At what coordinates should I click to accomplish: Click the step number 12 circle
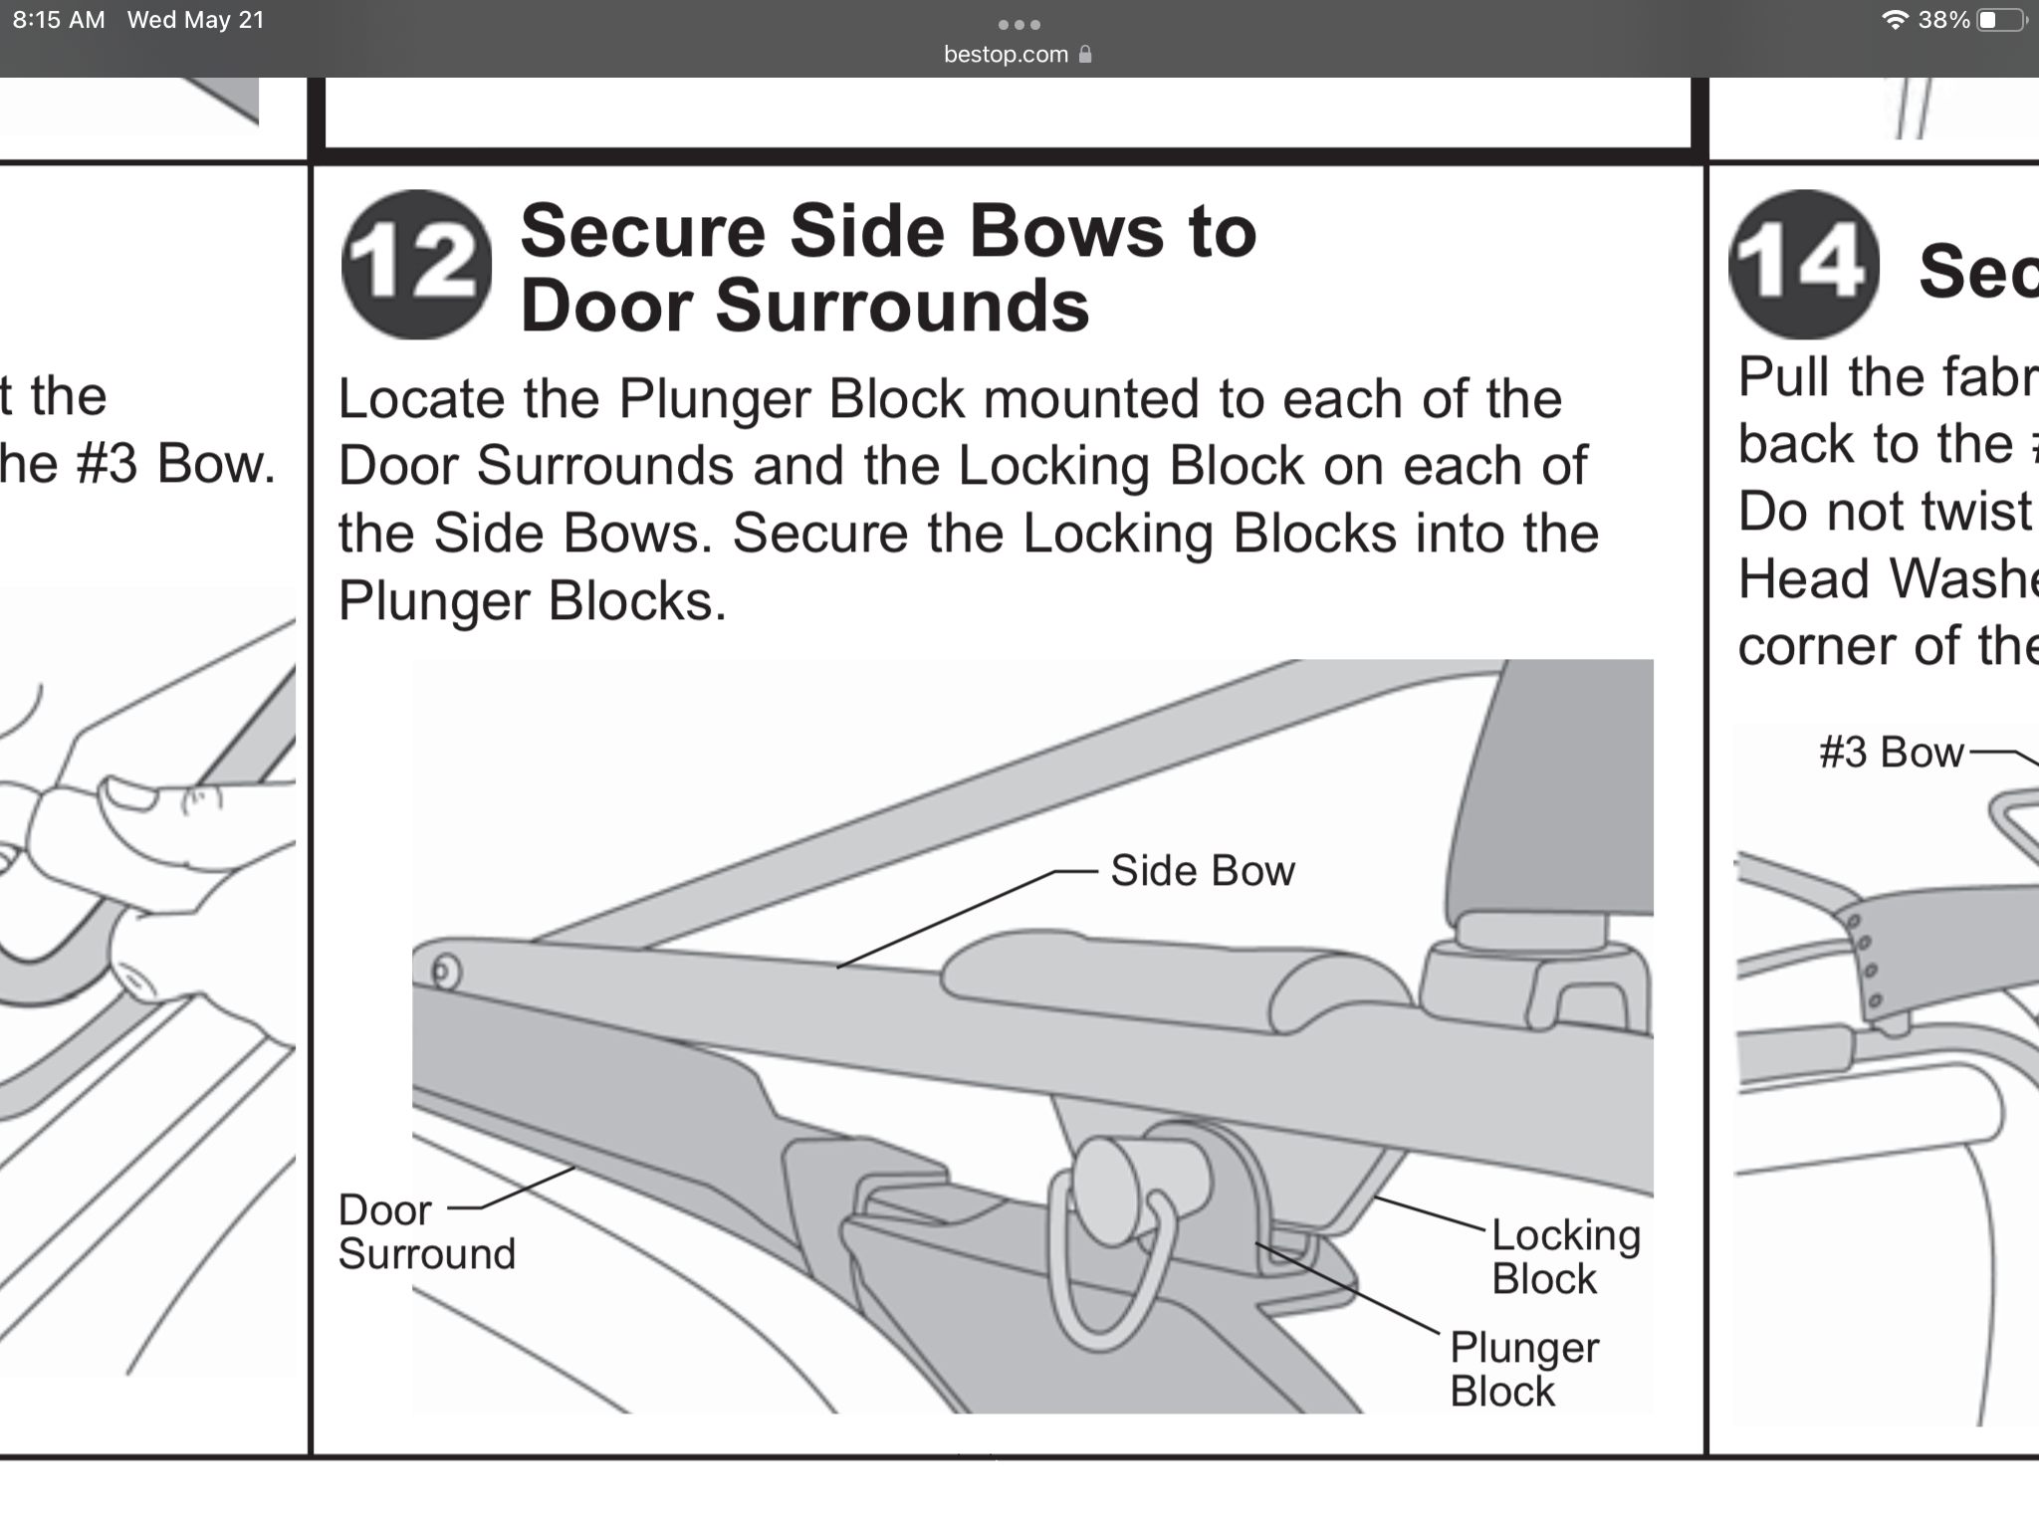[416, 265]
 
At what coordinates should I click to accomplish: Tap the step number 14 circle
[1803, 265]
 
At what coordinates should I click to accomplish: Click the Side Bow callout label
[1202, 871]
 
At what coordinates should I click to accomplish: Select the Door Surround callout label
[426, 1232]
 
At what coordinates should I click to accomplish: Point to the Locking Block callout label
[1564, 1256]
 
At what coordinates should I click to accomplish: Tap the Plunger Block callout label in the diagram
[1523, 1369]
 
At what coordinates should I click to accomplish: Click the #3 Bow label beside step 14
[1891, 753]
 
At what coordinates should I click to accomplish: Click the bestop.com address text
[1006, 55]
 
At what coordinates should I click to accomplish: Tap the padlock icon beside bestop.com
[1085, 55]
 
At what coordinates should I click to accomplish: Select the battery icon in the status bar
[2000, 20]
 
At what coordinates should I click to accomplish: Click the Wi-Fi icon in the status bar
[1895, 20]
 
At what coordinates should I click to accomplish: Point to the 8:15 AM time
[59, 20]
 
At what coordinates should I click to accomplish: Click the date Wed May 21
[196, 20]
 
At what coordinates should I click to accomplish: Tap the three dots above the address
[1019, 24]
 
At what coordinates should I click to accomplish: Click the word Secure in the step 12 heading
[642, 232]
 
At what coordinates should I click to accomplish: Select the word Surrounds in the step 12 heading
[902, 305]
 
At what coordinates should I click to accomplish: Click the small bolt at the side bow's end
[445, 971]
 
